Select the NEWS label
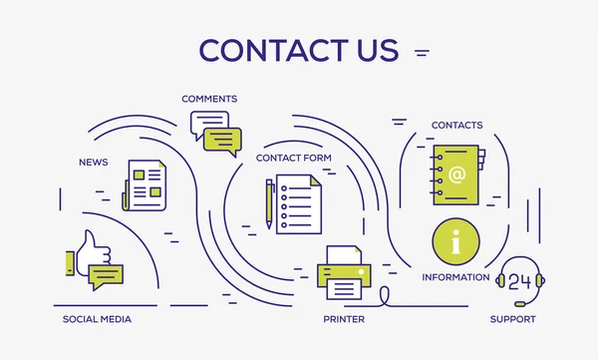(x=93, y=161)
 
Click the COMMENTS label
(x=209, y=99)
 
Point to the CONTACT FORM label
(x=294, y=158)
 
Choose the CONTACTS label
(x=456, y=125)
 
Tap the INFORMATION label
(x=455, y=276)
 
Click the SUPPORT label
(x=512, y=319)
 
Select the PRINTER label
(x=343, y=319)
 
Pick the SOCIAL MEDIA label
(x=97, y=319)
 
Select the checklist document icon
(x=299, y=204)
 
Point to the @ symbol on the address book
(x=456, y=176)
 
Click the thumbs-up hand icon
(x=90, y=251)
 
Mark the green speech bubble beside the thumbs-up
(x=106, y=275)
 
